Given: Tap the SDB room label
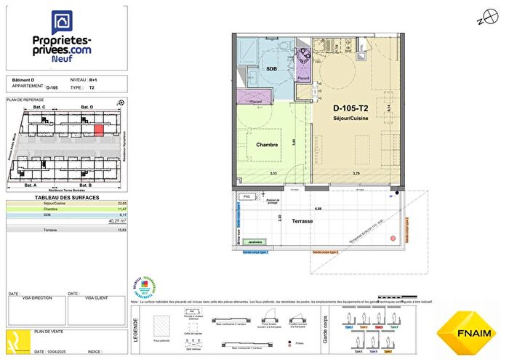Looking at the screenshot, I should coord(271,68).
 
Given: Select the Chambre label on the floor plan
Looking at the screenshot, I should coord(268,145).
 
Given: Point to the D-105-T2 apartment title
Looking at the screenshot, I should coord(350,108).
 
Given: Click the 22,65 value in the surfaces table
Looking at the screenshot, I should coord(122,203).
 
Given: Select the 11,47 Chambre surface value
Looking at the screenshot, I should coord(122,209).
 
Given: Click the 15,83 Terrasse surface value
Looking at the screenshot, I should coord(122,230).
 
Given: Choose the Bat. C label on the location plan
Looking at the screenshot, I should coord(39,108).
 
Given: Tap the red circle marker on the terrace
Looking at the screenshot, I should coord(393,238).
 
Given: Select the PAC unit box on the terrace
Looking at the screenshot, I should coord(247,196).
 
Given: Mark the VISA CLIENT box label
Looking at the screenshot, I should coord(97,298).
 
